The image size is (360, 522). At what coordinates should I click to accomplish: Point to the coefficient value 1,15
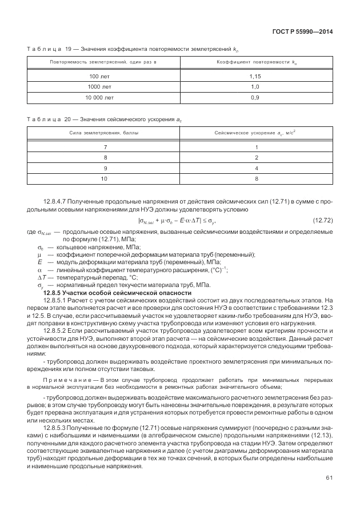(255, 76)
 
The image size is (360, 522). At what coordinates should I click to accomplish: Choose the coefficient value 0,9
(255, 98)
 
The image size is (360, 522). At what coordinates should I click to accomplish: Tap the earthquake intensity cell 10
(105, 178)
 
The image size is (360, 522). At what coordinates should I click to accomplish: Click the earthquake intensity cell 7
(105, 146)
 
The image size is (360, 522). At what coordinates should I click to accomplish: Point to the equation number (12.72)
(323, 220)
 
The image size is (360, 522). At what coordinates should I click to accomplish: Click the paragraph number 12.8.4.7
(56, 202)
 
